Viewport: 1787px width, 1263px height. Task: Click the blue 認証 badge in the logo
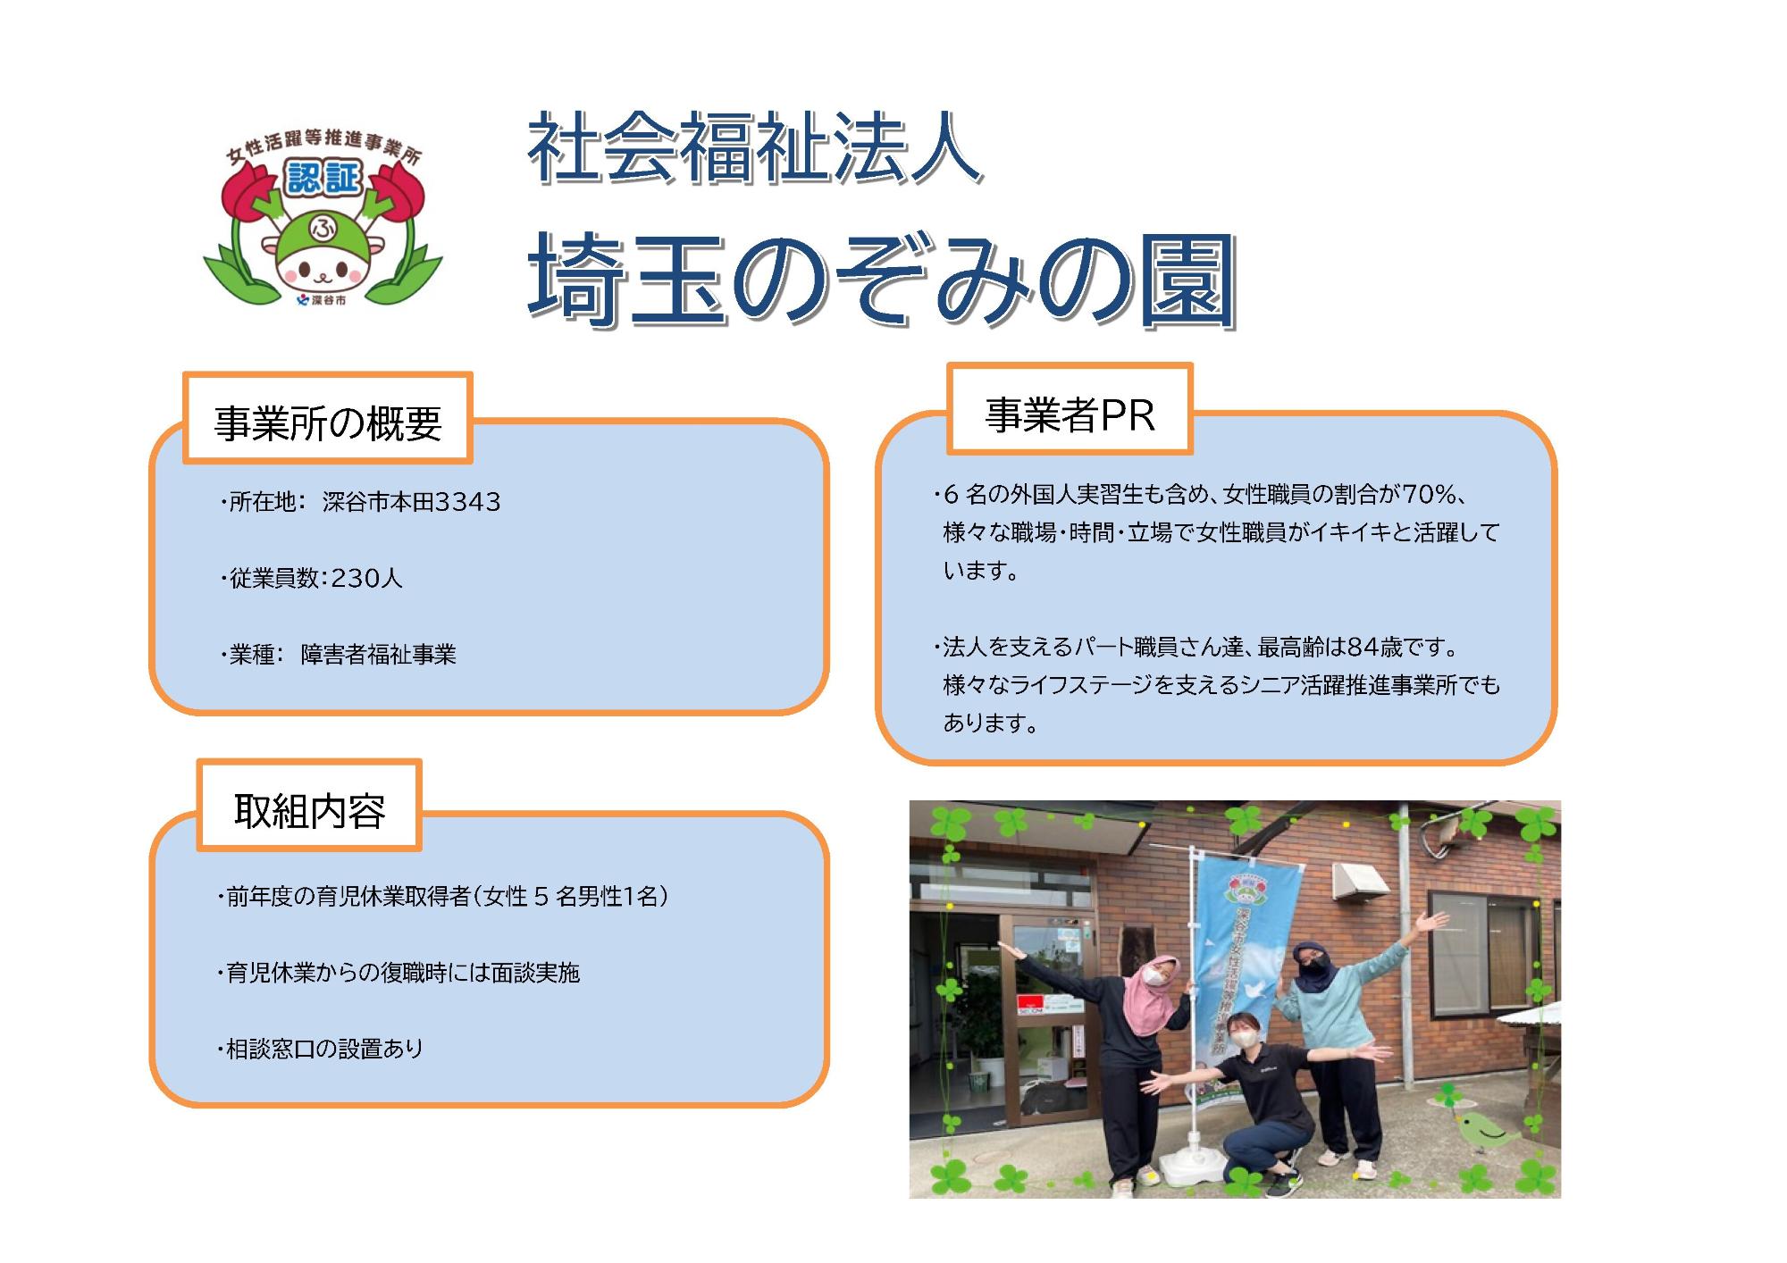pyautogui.click(x=323, y=178)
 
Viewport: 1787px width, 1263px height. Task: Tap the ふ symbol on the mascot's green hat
pyautogui.click(x=321, y=229)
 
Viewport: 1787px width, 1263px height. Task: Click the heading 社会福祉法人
pyautogui.click(x=755, y=149)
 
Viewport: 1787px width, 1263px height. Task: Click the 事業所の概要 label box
pyautogui.click(x=328, y=420)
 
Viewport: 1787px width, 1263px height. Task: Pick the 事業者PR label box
pyautogui.click(x=1070, y=412)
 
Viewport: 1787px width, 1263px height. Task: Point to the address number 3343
pyautogui.click(x=467, y=502)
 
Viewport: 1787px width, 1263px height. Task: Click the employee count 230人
pyautogui.click(x=366, y=579)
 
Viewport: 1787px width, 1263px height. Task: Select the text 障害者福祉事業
pyautogui.click(x=378, y=655)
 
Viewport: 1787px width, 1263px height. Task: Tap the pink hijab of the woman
pyautogui.click(x=1152, y=988)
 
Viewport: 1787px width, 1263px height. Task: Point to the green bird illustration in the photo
pyautogui.click(x=1484, y=1133)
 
